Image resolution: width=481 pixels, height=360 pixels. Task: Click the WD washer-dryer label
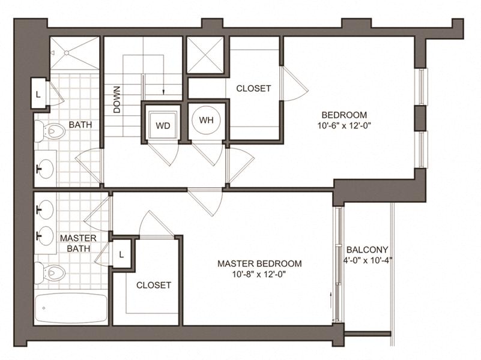[x=163, y=125]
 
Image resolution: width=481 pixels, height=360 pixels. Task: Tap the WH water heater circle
[x=206, y=120]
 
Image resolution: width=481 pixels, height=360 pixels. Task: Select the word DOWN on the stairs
[x=117, y=100]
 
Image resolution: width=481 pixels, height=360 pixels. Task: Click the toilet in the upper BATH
[x=50, y=131]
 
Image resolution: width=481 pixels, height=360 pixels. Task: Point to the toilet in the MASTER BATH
[x=50, y=272]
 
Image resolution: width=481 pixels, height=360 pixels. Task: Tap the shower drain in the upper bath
[x=67, y=53]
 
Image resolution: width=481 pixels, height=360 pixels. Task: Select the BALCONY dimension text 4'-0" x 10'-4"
[x=368, y=261]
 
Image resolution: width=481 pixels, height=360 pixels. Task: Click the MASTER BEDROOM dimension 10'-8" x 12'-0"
[x=259, y=275]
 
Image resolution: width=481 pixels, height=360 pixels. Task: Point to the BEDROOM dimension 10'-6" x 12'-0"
[x=344, y=125]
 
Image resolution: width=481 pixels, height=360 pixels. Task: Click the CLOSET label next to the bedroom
[x=253, y=89]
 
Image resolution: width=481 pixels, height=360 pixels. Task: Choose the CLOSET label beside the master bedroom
[x=153, y=285]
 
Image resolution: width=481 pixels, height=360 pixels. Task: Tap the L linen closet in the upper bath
[x=38, y=94]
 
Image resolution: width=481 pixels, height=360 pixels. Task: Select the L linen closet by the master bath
[x=122, y=254]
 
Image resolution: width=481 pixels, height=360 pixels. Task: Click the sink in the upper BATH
[x=46, y=169]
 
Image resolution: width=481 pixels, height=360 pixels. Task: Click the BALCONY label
[x=368, y=250]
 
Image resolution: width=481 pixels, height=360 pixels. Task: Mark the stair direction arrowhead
[x=163, y=92]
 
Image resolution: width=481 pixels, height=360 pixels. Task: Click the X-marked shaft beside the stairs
[x=205, y=55]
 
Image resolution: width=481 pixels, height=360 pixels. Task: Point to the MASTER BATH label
[x=78, y=243]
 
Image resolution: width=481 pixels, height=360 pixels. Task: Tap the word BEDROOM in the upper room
[x=344, y=115]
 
